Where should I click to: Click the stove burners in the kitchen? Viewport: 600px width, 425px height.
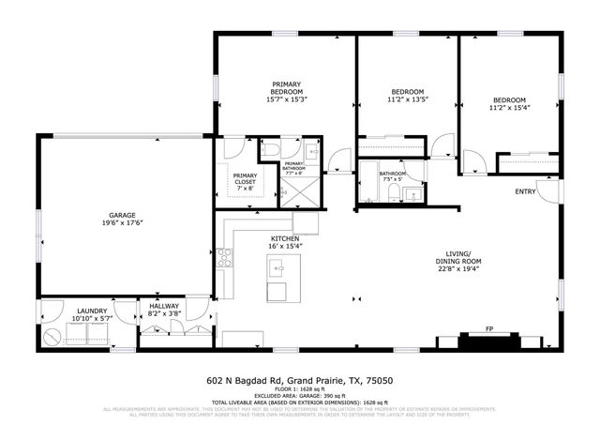(225, 258)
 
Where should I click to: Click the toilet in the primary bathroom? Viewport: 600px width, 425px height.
(269, 149)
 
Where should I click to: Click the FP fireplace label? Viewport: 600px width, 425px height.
(489, 329)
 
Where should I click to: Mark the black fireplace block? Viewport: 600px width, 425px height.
(489, 342)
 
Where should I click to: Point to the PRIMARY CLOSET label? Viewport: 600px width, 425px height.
(246, 179)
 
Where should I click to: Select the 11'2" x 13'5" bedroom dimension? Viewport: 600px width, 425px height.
(408, 98)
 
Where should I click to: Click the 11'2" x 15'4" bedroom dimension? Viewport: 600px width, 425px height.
(509, 107)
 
